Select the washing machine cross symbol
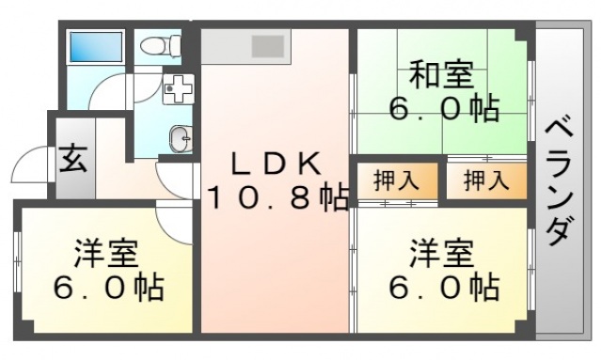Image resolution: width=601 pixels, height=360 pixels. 178,90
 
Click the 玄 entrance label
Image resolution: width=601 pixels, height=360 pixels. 74,159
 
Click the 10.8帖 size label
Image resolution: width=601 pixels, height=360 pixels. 277,198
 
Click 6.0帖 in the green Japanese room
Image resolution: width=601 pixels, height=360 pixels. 441,109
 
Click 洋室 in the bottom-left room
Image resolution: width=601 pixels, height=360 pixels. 106,252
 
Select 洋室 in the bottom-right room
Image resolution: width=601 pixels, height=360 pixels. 440,252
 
